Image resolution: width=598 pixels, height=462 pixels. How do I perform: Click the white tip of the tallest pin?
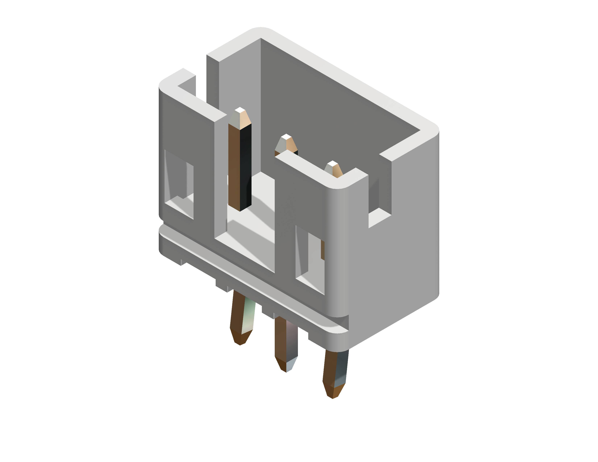(240, 110)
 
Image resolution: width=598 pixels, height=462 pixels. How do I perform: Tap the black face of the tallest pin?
(246, 167)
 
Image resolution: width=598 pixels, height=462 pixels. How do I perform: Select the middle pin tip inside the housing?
(286, 142)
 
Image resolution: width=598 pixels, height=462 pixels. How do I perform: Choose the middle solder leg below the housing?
(286, 339)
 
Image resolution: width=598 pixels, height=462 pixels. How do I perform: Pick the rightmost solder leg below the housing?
(336, 367)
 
